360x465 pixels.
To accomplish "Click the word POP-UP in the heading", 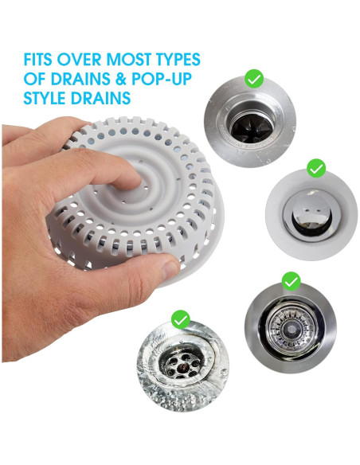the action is point(162,79).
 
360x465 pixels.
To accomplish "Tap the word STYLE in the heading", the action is point(45,98).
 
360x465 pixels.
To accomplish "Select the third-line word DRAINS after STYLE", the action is point(101,98).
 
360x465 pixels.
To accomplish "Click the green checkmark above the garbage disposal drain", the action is point(254,79).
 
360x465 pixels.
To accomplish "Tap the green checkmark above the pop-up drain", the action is point(316,168).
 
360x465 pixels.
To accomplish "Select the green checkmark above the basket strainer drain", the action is point(292,281).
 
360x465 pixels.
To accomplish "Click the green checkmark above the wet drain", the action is point(181,319).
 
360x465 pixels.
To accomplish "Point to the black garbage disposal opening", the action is point(252,128).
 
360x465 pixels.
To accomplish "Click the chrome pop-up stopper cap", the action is point(307,212).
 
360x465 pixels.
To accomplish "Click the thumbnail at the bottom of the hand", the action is point(170,268).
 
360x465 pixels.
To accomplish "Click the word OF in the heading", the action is point(35,79).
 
